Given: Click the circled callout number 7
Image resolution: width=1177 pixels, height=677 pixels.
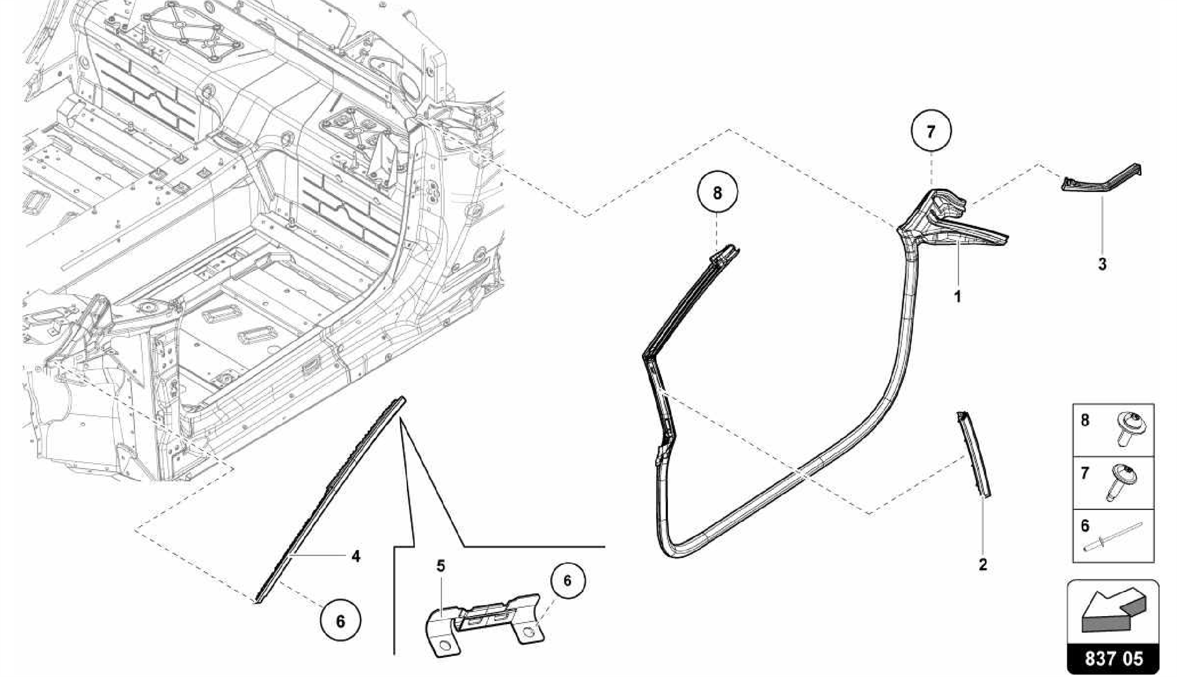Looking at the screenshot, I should [x=930, y=132].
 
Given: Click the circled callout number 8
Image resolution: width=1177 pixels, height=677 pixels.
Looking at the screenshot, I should [x=717, y=193].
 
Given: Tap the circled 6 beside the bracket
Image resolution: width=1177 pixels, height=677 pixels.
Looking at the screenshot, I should [x=567, y=580].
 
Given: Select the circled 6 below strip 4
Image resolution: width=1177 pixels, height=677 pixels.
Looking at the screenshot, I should [x=340, y=621].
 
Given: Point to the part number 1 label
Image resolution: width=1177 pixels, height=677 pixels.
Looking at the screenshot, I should [x=957, y=297].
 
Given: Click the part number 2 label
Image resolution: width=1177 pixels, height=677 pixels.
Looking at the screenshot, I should [x=983, y=564].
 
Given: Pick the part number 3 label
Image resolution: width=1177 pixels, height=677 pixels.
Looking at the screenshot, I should [x=1102, y=265].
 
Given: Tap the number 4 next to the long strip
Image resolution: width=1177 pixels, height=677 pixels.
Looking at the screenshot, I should [x=356, y=556].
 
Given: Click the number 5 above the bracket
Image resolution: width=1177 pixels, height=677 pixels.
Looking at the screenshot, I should [x=440, y=566].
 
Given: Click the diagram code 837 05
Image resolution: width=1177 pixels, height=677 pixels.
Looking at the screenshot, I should [x=1113, y=658].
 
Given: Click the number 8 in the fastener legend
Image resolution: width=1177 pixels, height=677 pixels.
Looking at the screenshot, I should [x=1085, y=420].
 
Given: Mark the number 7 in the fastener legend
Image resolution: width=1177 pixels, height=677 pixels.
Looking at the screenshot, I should [x=1085, y=474].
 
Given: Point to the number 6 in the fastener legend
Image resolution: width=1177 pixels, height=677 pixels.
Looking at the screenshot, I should [x=1085, y=526].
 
